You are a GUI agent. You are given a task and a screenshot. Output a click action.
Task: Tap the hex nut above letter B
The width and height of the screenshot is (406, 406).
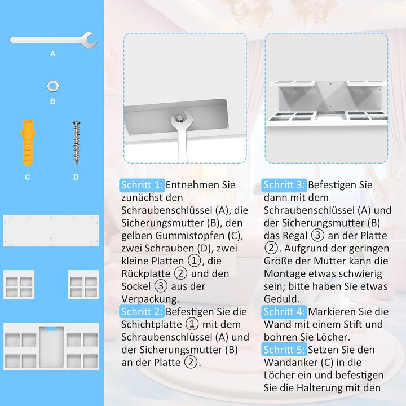(53, 86)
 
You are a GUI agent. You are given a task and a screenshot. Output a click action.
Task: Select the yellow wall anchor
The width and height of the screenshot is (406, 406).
(28, 143)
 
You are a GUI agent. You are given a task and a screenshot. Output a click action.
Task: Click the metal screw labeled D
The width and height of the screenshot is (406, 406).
(76, 143)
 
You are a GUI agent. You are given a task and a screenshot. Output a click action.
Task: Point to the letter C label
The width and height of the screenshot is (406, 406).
(28, 177)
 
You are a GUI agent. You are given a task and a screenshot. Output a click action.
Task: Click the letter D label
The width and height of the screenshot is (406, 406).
(76, 177)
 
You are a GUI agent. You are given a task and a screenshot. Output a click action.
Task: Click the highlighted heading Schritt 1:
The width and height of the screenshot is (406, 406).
(142, 185)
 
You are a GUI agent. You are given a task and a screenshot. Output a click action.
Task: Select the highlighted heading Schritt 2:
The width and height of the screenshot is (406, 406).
(142, 311)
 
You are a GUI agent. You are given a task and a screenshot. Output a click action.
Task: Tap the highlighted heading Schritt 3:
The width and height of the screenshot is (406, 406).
(284, 185)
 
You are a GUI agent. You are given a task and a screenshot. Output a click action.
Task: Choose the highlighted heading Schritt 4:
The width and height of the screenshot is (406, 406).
(284, 311)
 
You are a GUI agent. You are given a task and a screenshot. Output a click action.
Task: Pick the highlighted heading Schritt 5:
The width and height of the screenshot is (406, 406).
(284, 350)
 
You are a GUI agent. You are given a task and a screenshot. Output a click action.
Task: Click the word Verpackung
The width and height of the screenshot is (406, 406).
(150, 299)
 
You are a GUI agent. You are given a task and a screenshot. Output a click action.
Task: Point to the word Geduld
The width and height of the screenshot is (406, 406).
(282, 299)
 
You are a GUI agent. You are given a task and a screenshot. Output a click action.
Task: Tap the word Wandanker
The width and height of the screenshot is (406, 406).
(289, 363)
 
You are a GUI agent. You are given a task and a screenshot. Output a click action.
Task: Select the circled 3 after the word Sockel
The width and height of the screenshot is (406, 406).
(161, 286)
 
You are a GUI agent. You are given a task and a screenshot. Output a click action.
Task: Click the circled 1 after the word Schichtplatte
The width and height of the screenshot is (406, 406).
(192, 324)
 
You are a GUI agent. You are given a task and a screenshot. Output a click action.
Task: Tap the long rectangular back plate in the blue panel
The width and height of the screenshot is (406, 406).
(51, 231)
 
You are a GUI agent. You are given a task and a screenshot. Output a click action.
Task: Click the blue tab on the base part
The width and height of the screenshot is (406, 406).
(51, 329)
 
